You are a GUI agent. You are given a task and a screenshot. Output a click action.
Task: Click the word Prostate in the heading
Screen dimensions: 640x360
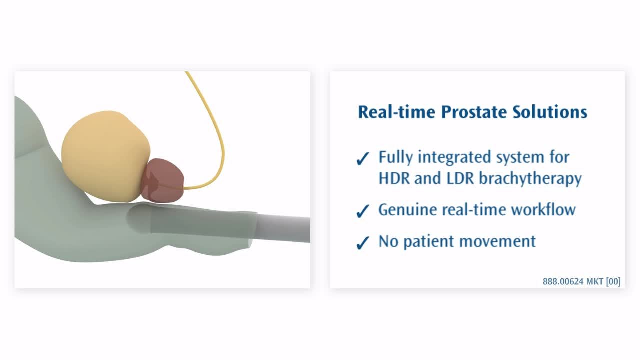click(474, 112)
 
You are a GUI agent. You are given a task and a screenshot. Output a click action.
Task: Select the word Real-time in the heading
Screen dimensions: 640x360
click(397, 112)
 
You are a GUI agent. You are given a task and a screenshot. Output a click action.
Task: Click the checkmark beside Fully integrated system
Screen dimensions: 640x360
click(363, 158)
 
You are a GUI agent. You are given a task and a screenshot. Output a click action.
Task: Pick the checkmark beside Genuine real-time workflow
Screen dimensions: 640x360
click(363, 211)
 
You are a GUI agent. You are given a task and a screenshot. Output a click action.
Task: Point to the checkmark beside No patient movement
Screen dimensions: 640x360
click(363, 243)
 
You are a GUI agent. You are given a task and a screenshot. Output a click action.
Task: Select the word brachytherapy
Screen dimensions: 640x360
click(530, 179)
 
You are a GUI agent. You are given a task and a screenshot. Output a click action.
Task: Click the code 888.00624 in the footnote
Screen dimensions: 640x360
click(563, 281)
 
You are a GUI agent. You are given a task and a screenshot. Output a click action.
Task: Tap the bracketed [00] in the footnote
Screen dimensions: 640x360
click(613, 281)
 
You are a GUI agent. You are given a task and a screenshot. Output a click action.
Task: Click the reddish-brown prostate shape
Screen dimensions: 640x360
click(163, 180)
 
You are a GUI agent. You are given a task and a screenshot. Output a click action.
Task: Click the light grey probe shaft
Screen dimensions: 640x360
click(283, 229)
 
